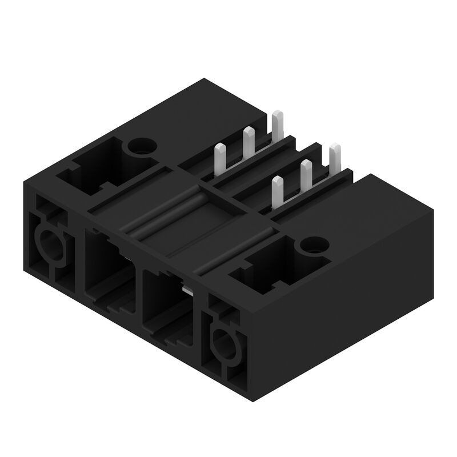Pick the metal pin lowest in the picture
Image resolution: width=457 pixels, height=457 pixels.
click(x=278, y=191)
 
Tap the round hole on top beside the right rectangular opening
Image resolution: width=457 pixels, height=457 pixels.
click(x=312, y=246)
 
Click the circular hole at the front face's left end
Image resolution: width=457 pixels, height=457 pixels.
click(x=49, y=243)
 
